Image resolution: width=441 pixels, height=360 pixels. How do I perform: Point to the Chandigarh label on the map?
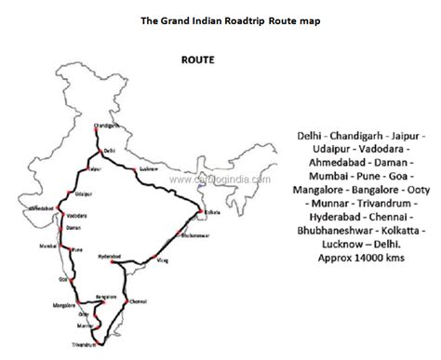coord(109,124)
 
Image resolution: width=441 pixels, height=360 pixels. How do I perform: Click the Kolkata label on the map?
coord(211,214)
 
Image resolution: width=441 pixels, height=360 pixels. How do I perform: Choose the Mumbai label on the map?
coord(49,246)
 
